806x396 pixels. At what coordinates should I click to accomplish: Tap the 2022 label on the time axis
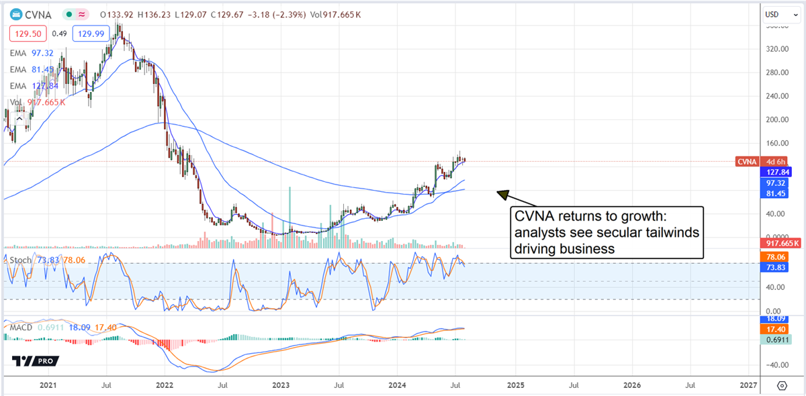point(165,386)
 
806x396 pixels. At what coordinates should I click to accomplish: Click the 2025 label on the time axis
point(515,386)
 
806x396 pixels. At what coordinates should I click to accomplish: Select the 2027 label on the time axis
point(748,386)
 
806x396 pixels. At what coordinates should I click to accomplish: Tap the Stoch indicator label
point(19,260)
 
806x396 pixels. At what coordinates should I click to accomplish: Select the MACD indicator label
point(22,327)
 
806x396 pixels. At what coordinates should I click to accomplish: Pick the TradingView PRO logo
point(35,361)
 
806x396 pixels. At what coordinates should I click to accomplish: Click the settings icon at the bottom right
point(782,386)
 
